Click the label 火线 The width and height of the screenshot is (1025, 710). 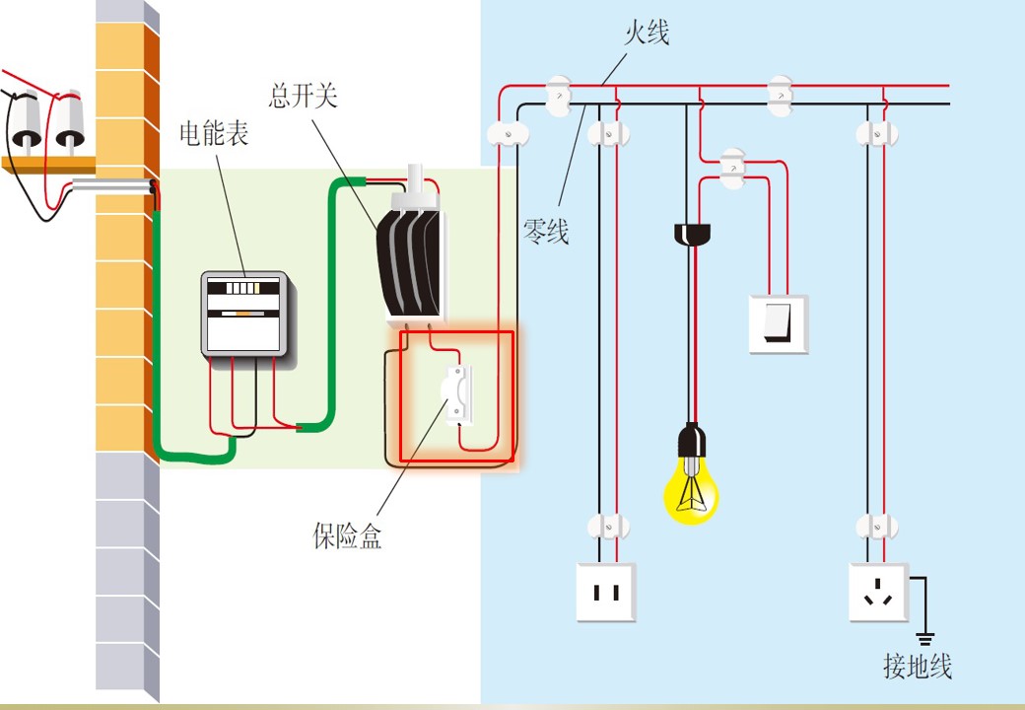pyautogui.click(x=647, y=33)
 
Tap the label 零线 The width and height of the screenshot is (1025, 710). pyautogui.click(x=546, y=232)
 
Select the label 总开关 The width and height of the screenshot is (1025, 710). pyautogui.click(x=304, y=96)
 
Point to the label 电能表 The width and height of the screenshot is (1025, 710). pyautogui.click(x=215, y=134)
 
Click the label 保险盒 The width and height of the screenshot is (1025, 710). pyautogui.click(x=347, y=536)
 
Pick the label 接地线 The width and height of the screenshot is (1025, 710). pyautogui.click(x=918, y=667)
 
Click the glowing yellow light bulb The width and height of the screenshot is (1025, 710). pyautogui.click(x=691, y=490)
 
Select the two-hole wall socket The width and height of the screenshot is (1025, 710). pyautogui.click(x=606, y=593)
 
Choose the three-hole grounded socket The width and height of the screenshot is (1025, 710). pyautogui.click(x=878, y=593)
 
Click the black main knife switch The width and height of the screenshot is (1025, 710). pyautogui.click(x=409, y=261)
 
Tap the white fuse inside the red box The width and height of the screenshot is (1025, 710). pyautogui.click(x=456, y=394)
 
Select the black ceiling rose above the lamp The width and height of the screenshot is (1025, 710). pyautogui.click(x=692, y=234)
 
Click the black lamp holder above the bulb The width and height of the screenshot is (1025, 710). pyautogui.click(x=691, y=440)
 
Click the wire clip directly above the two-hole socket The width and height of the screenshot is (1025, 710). pyautogui.click(x=608, y=527)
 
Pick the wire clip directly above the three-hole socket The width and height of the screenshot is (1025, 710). pyautogui.click(x=876, y=527)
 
